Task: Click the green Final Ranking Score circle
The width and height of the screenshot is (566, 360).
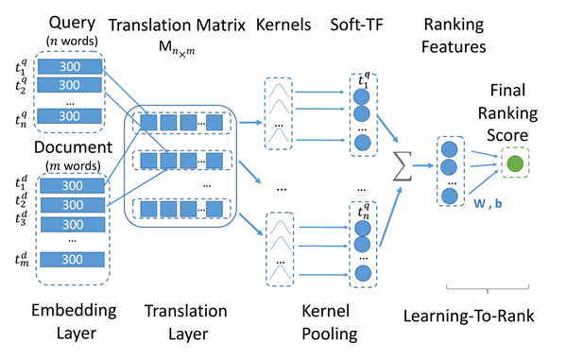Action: pyautogui.click(x=515, y=163)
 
